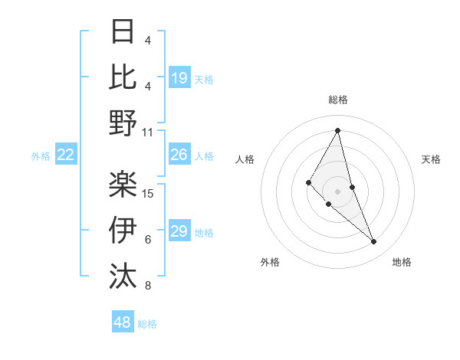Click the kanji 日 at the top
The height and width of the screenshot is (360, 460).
pos(123,32)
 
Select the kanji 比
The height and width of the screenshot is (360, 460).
pos(123,77)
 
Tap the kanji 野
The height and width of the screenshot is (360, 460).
pos(123,123)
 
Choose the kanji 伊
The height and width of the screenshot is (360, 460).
pos(123,229)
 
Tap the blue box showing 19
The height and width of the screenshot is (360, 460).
pos(179,78)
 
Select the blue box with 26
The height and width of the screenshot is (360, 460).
pos(179,155)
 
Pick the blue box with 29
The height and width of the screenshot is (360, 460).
pos(179,232)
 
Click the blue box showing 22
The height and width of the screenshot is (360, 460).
pos(66,155)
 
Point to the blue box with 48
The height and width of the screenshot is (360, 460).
pos(123,322)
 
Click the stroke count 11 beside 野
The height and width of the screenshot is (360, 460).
pos(148,132)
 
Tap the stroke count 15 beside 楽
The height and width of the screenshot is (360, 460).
pos(149,193)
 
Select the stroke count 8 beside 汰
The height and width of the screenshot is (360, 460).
pos(148,286)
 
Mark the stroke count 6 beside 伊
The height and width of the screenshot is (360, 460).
pos(148,240)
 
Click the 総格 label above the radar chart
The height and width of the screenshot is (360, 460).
pos(338,100)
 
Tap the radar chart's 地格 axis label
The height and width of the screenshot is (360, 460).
pos(402,262)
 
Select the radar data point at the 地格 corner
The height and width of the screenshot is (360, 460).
pos(374,242)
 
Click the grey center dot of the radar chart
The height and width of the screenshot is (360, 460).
pos(337,190)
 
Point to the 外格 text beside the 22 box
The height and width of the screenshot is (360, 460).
pos(41,156)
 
